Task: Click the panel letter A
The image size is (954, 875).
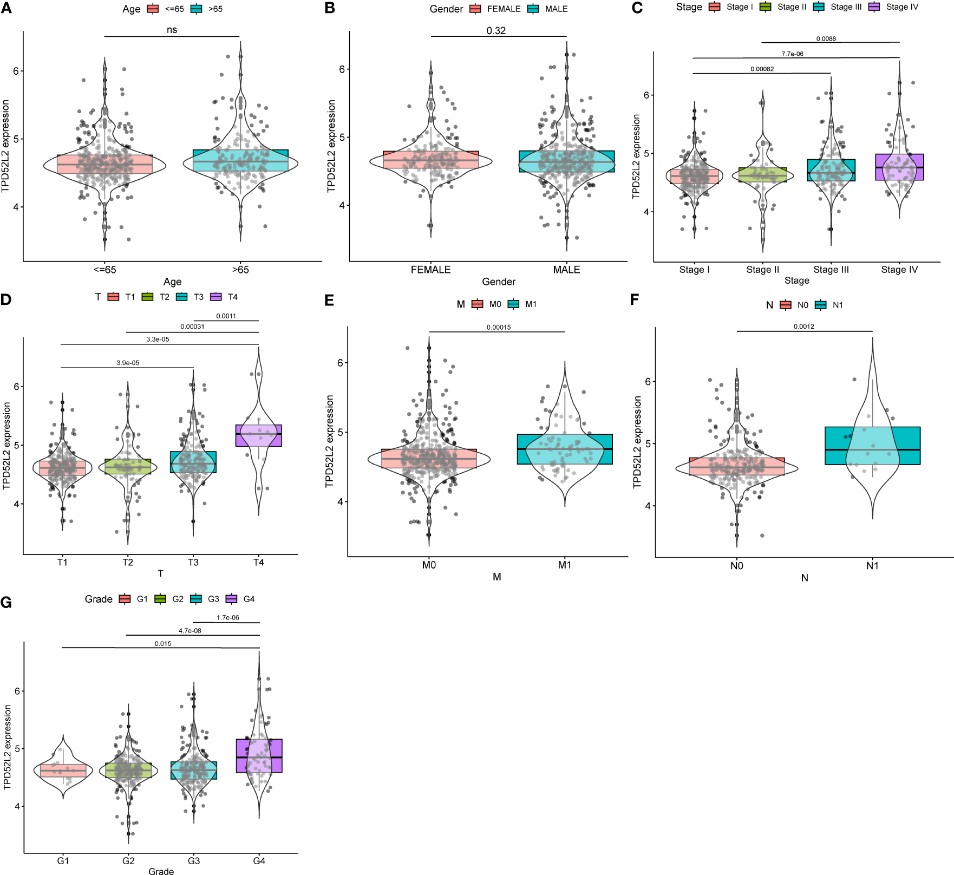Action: (6, 8)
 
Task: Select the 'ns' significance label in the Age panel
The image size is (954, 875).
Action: (172, 30)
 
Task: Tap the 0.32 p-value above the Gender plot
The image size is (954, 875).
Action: (496, 30)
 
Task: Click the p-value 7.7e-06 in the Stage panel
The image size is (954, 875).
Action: (792, 54)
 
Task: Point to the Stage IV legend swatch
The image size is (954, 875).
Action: (874, 7)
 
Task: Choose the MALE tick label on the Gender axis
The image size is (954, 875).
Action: (566, 270)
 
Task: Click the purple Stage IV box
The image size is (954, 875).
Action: (899, 167)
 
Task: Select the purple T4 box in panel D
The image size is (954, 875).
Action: (259, 435)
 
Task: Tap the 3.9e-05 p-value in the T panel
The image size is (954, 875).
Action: (128, 363)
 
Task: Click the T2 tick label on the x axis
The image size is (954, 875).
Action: (128, 563)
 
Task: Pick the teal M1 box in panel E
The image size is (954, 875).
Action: (565, 449)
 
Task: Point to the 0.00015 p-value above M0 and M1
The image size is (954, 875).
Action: (498, 327)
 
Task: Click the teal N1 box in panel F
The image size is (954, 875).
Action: (872, 446)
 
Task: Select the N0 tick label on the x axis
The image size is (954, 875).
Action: (736, 566)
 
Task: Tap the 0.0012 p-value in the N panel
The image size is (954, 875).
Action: (804, 327)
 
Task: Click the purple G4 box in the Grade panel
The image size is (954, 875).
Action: (259, 755)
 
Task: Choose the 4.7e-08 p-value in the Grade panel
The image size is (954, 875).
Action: (190, 630)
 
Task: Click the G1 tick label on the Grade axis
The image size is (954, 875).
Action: (63, 861)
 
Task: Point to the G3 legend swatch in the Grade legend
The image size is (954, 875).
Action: (196, 599)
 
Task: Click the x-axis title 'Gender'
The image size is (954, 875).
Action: (499, 282)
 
